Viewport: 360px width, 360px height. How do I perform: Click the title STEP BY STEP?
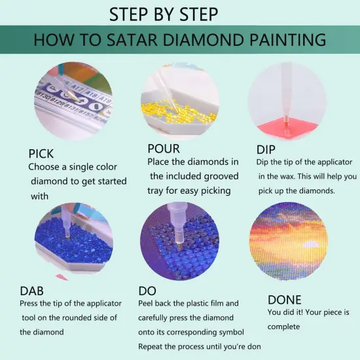(164, 14)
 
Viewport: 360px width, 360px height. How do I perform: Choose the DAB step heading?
(33, 290)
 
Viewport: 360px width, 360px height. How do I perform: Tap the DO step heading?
(147, 290)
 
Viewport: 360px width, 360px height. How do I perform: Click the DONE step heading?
(285, 299)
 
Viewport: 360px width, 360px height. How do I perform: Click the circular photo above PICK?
(73, 101)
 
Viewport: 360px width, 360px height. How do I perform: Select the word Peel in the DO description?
(148, 304)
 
